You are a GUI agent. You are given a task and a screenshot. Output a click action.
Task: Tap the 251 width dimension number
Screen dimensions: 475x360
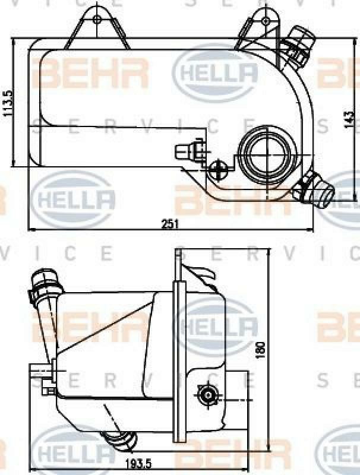(170, 223)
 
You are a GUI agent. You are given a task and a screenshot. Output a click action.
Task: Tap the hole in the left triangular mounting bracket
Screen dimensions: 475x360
(97, 20)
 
